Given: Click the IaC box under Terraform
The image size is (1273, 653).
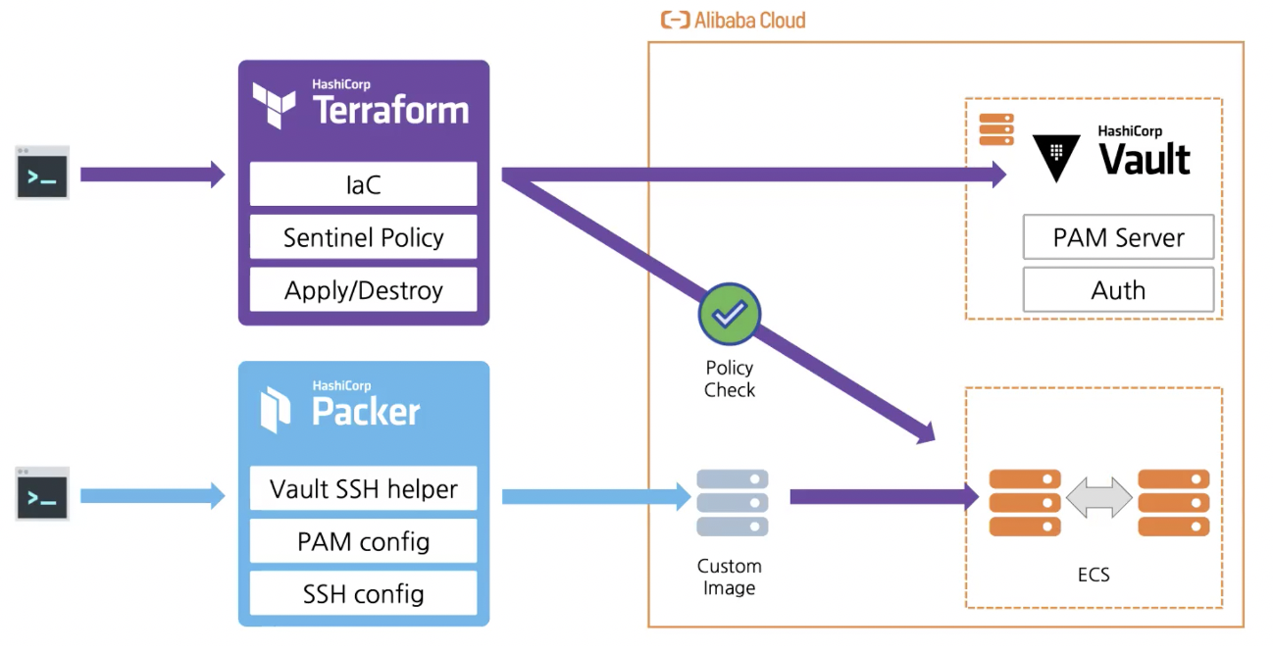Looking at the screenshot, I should point(363,184).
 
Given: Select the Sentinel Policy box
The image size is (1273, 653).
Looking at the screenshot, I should point(363,237).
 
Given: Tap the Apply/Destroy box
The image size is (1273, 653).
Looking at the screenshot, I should point(363,290).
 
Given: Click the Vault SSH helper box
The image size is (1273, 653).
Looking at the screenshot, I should point(363,488).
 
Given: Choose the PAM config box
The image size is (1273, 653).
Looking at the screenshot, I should point(363,541).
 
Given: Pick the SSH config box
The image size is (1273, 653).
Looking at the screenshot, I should point(363,593).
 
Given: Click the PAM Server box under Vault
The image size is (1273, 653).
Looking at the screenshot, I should point(1118,237).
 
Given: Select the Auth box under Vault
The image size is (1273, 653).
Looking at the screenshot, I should point(1118,290).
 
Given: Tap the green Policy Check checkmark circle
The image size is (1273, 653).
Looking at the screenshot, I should point(729,315).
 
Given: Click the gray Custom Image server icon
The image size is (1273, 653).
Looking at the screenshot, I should point(732,503).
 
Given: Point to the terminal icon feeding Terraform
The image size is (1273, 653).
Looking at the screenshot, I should point(42,174).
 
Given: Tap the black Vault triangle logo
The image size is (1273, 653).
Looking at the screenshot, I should point(1056,157).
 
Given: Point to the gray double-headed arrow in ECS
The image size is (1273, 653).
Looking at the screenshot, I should point(1098,499).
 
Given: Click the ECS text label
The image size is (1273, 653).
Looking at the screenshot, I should point(1094,575).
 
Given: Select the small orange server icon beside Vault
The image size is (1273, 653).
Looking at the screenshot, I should point(995,129).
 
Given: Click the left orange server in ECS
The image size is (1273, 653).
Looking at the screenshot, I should point(1025,502).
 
